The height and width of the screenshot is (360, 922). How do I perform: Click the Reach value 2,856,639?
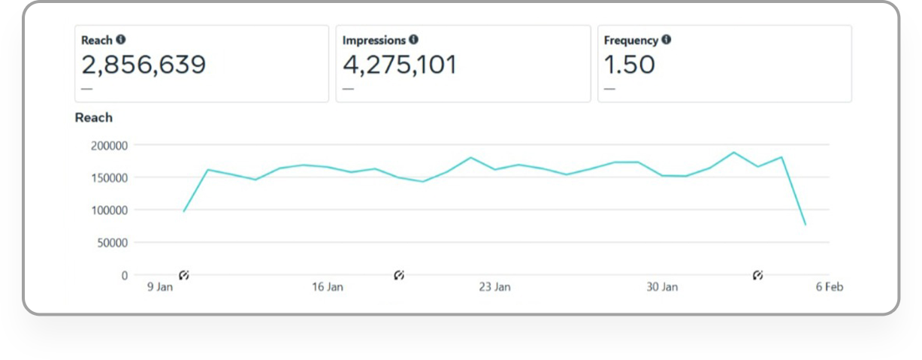click(144, 65)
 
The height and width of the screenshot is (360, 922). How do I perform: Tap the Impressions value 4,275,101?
click(400, 65)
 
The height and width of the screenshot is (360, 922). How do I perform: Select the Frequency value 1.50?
click(630, 65)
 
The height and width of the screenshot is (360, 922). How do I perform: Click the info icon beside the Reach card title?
click(120, 40)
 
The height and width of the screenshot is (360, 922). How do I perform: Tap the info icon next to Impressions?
click(413, 40)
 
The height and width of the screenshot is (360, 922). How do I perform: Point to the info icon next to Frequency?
click(666, 40)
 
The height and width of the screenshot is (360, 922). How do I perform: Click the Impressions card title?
click(373, 41)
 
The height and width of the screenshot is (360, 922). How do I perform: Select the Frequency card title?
click(630, 41)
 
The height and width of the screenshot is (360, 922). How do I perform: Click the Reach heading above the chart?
click(94, 117)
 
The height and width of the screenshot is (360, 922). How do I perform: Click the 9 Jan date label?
click(159, 287)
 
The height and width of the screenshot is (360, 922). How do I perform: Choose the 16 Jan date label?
click(327, 287)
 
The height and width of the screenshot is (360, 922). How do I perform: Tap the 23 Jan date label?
click(494, 287)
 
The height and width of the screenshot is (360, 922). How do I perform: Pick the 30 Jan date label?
click(662, 287)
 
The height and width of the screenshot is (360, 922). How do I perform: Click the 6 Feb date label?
click(830, 287)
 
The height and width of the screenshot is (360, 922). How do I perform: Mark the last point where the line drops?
click(806, 225)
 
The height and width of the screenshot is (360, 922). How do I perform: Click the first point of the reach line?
click(183, 211)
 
